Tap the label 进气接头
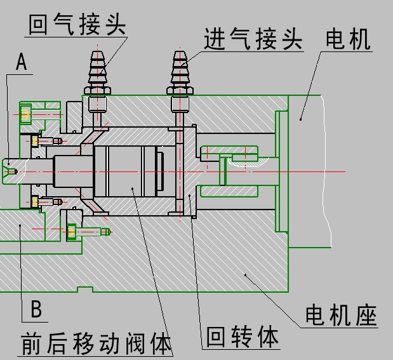[253, 39]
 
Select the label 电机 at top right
[347, 39]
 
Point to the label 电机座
[341, 316]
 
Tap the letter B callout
[36, 309]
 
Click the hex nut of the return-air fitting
[97, 90]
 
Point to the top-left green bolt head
[25, 114]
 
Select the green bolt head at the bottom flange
[72, 232]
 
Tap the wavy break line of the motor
[326, 171]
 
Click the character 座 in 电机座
[366, 316]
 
